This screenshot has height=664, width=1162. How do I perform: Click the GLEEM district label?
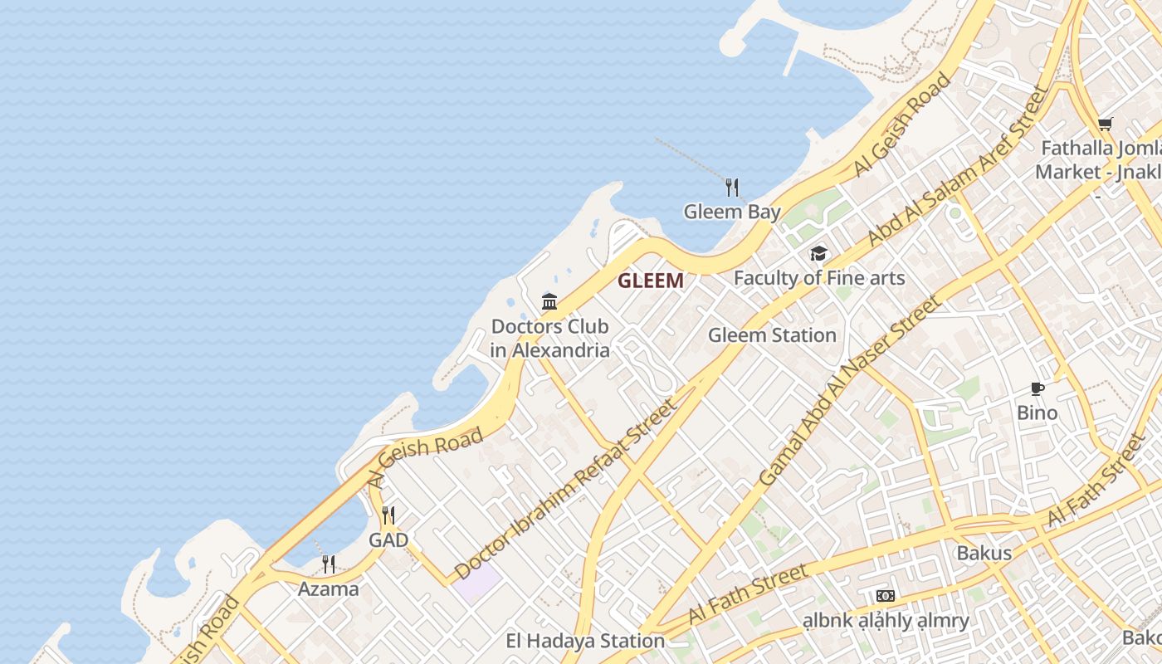point(651,281)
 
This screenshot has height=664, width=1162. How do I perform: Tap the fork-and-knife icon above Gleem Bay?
point(731,187)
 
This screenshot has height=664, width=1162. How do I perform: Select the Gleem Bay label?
point(732,212)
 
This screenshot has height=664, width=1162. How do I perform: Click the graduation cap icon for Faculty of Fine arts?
point(818,253)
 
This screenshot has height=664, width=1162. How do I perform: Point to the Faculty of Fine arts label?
point(819,278)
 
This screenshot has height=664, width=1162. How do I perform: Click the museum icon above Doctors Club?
point(549,301)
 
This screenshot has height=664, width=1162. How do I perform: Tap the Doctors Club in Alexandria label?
point(549,338)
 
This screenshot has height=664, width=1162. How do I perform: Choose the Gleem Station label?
point(772,335)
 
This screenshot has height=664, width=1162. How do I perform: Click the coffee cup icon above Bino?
point(1037,388)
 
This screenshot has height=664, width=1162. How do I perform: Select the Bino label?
point(1037,413)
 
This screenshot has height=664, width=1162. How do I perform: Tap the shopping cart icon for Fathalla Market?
point(1105,124)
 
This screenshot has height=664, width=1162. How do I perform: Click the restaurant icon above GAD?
point(388,515)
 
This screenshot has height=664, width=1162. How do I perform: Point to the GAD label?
point(388,540)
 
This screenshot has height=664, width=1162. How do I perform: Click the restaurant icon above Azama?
point(329,564)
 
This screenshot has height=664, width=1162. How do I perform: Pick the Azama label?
point(329,589)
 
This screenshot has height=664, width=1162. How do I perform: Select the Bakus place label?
point(984,553)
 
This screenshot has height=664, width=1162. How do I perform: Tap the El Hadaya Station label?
point(585,641)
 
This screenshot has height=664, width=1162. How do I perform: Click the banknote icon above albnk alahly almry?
point(886,595)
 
